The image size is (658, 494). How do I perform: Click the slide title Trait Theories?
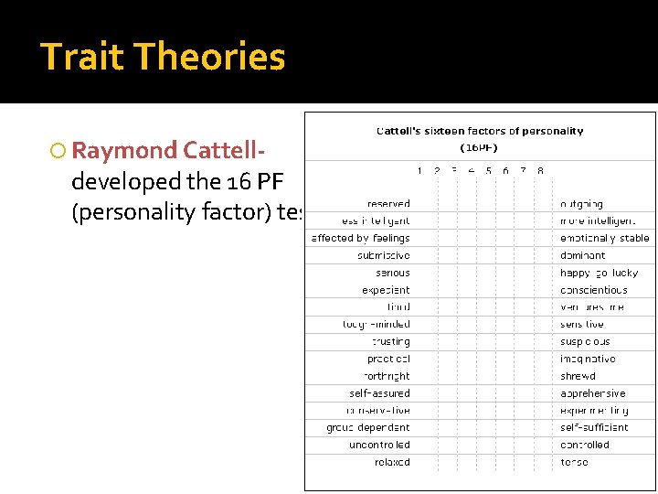(x=163, y=57)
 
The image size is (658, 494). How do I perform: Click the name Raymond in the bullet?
(x=124, y=150)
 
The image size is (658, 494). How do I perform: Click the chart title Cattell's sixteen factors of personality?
(x=480, y=131)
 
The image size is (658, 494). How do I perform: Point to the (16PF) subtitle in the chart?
(x=479, y=146)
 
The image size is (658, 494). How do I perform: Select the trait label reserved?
(x=388, y=204)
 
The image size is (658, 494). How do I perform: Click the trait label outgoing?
(x=581, y=204)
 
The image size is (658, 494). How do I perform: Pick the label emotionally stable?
(x=605, y=239)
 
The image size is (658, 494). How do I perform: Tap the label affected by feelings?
(x=361, y=239)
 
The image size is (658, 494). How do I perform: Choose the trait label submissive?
(x=384, y=256)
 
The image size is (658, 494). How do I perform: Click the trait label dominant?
(x=582, y=256)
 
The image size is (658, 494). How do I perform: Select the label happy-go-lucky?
(x=600, y=273)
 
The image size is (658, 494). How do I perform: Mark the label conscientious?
(x=594, y=290)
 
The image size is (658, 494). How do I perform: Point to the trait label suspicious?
(x=585, y=342)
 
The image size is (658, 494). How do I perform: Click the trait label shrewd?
(x=578, y=376)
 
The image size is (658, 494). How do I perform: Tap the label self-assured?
(x=379, y=393)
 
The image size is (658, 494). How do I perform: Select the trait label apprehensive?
(x=593, y=393)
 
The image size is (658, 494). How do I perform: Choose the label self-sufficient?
(x=594, y=427)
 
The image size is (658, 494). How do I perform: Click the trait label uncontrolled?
(x=379, y=445)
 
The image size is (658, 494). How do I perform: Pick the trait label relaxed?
(x=392, y=462)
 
